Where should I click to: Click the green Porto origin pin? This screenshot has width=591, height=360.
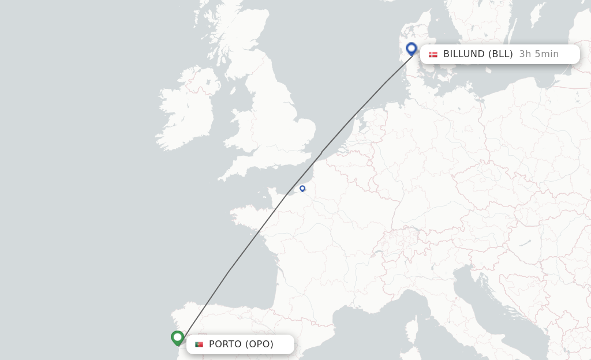(177, 337)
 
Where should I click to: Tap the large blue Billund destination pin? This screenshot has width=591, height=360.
(412, 48)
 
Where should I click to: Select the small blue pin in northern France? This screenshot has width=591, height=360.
(302, 188)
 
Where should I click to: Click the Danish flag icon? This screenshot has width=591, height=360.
(433, 54)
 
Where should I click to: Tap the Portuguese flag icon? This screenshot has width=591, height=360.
(199, 344)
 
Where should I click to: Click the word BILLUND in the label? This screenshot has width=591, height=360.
(463, 54)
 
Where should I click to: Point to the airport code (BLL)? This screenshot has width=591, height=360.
(500, 54)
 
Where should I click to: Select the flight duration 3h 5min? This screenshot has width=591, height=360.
(538, 54)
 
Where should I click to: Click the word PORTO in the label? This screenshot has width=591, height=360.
(225, 344)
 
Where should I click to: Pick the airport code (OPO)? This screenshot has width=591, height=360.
(260, 344)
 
